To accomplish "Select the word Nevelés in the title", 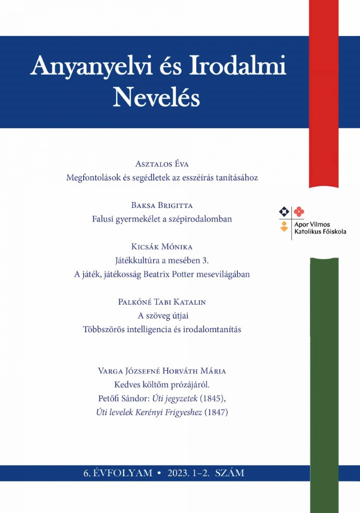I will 156,98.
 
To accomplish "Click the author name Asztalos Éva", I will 162,164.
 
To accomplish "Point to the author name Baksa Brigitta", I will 162,205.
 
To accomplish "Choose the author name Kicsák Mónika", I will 162,247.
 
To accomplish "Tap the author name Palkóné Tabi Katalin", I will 162,302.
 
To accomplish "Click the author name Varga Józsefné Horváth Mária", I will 162,371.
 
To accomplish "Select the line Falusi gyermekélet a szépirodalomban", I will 162,219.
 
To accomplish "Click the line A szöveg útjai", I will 162,316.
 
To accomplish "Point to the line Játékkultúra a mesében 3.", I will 162,261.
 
